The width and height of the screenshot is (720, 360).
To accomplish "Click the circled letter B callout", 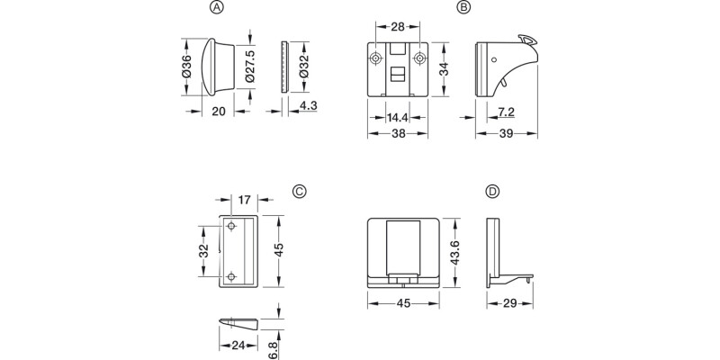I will click(463, 7).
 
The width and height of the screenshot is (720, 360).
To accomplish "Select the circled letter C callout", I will click(300, 191).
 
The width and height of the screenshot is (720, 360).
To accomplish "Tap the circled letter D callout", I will click(491, 192).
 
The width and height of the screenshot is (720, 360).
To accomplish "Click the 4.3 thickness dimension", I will click(307, 107).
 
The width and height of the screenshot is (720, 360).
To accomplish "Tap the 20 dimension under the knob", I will click(218, 112).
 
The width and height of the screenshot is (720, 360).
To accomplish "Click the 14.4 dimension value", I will click(398, 117).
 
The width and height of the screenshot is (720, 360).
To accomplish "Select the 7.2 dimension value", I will click(506, 112).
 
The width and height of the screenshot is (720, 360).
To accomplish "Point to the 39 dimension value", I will click(506, 132).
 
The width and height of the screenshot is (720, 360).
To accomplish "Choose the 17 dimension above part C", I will click(242, 200).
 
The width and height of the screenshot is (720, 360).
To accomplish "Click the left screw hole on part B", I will click(375, 58).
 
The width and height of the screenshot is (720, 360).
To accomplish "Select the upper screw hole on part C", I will click(231, 225).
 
